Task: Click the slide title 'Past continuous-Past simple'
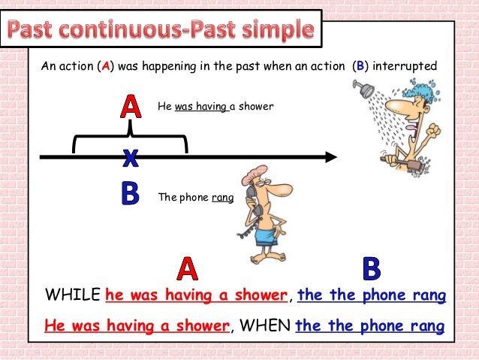[x=161, y=30]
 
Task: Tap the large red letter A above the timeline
[x=131, y=107]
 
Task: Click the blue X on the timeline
[x=131, y=157]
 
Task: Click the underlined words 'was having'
[x=201, y=107]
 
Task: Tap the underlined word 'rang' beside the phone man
[x=223, y=198]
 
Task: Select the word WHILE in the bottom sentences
[x=73, y=295]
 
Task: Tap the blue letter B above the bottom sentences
[x=372, y=268]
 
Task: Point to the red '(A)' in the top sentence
[x=106, y=66]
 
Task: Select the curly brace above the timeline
[x=130, y=139]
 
